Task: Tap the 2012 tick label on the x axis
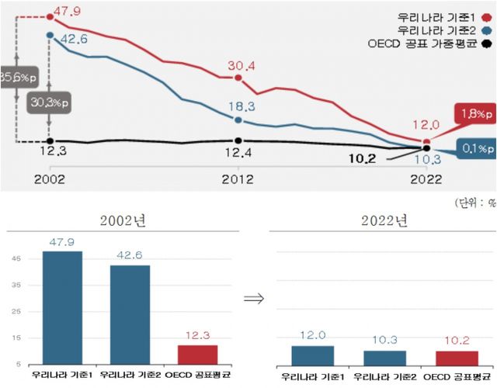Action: click(x=238, y=178)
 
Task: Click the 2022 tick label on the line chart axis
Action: click(x=426, y=178)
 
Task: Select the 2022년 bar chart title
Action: click(x=384, y=221)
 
